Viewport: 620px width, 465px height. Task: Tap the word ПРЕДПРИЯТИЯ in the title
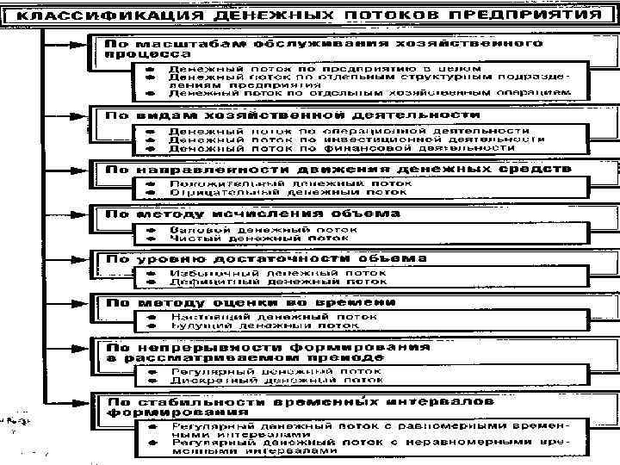pos(528,16)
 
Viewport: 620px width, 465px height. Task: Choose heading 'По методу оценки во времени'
pos(251,302)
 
